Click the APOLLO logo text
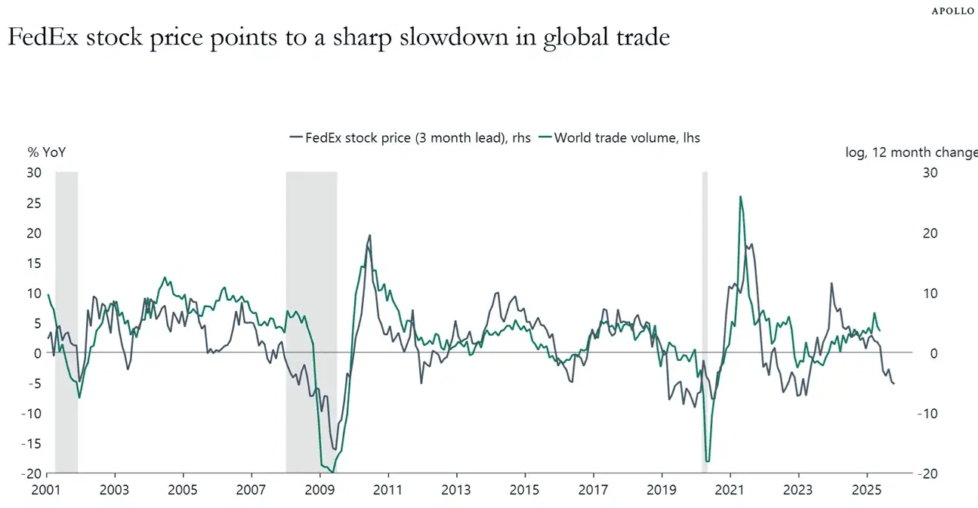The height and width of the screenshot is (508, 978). click(x=952, y=11)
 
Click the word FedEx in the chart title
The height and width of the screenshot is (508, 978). click(x=43, y=37)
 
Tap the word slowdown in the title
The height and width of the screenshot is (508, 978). click(x=454, y=37)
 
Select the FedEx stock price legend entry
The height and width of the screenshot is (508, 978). click(x=410, y=138)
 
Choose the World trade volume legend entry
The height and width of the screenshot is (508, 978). click(x=619, y=138)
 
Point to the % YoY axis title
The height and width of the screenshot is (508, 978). click(x=47, y=152)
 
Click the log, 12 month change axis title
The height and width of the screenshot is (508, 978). click(x=912, y=152)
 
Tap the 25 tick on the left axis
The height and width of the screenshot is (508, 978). click(x=34, y=203)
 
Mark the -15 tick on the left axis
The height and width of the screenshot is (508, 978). click(x=32, y=444)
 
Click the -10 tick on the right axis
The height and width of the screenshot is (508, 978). click(x=927, y=414)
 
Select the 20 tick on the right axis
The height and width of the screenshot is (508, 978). click(x=930, y=233)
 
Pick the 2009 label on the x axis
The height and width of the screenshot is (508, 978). click(x=319, y=490)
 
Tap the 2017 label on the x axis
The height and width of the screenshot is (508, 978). click(x=594, y=490)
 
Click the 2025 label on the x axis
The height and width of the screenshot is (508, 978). click(x=867, y=490)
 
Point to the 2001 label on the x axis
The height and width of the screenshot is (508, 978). click(x=46, y=490)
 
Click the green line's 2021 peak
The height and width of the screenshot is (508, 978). click(x=740, y=197)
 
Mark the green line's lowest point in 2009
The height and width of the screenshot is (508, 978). click(x=333, y=473)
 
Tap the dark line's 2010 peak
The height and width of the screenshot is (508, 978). click(x=370, y=236)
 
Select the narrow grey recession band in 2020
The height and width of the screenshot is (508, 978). click(x=705, y=322)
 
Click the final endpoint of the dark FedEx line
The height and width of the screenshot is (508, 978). click(x=894, y=383)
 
